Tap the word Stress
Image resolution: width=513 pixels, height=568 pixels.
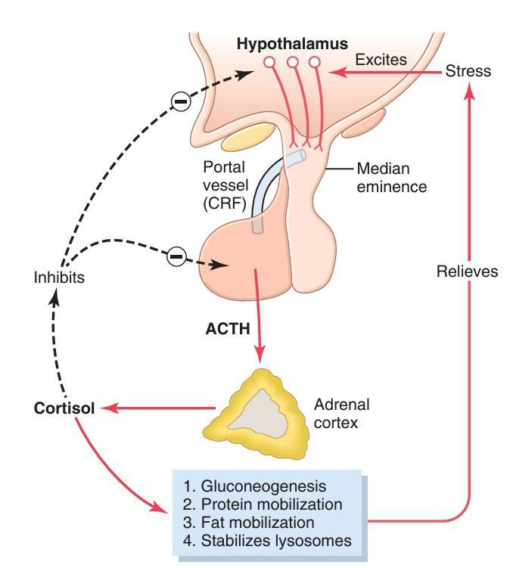click(468, 71)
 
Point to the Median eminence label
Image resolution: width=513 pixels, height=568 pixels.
click(390, 176)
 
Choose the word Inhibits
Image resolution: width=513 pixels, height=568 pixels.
click(59, 278)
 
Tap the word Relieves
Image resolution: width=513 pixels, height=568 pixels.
click(468, 271)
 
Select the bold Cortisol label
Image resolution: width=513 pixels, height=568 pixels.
click(64, 408)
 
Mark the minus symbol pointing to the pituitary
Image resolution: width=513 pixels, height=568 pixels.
click(174, 256)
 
